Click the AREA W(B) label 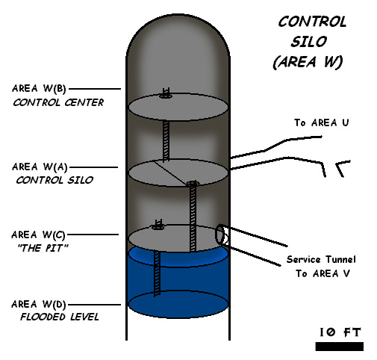[x=39, y=89]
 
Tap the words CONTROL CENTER [x=58, y=102]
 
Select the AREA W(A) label [x=40, y=167]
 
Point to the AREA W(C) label [x=38, y=235]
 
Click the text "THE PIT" [x=43, y=248]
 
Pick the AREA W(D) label [x=39, y=304]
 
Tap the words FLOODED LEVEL [x=60, y=317]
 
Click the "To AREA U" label [x=322, y=122]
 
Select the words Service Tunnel [x=321, y=259]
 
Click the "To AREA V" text [x=323, y=273]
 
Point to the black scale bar [x=340, y=347]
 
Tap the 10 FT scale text [x=340, y=332]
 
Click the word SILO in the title [x=309, y=42]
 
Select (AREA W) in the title [x=308, y=62]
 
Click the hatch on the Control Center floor [x=165, y=94]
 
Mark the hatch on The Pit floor [x=158, y=226]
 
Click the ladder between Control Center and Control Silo [x=166, y=140]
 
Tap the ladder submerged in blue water [x=157, y=273]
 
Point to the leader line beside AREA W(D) [x=94, y=304]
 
